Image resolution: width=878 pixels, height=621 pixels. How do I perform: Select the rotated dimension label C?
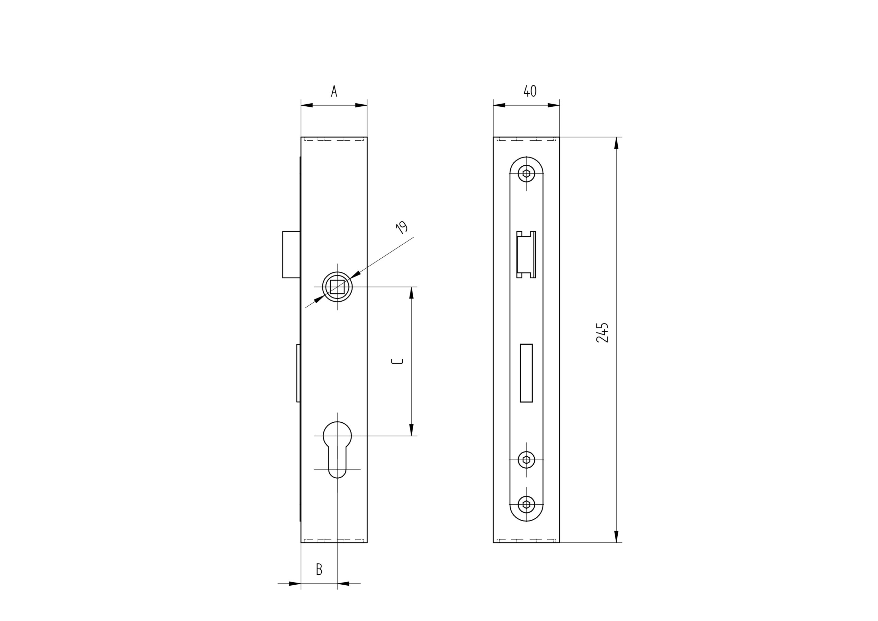[397, 361]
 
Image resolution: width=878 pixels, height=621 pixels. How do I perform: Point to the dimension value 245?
[602, 332]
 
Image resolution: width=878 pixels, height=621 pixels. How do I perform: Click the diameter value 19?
[402, 227]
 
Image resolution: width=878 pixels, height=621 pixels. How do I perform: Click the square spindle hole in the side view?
[337, 286]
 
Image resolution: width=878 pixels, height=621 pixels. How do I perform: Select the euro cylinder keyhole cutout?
[337, 449]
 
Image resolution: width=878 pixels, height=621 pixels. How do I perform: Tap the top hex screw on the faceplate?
[526, 174]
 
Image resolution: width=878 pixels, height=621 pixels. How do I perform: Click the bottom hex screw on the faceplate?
[526, 504]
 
